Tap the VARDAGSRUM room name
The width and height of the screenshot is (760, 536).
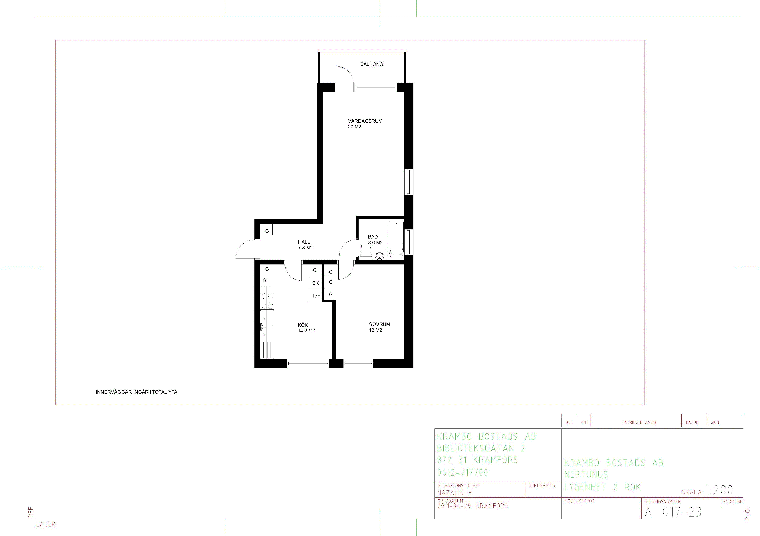click(x=365, y=121)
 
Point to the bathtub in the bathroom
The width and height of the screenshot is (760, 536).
click(x=396, y=239)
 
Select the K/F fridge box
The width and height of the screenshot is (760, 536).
click(x=316, y=295)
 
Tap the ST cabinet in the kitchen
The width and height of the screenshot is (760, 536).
click(x=266, y=280)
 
